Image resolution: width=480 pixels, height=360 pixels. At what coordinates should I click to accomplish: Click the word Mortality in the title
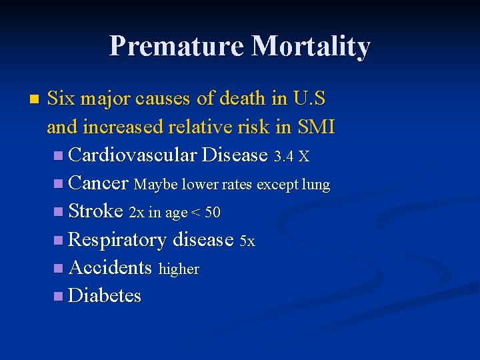pos(311,47)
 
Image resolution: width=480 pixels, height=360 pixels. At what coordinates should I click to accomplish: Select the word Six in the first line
pos(61,99)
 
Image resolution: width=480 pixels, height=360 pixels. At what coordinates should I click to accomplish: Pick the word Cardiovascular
pos(132,155)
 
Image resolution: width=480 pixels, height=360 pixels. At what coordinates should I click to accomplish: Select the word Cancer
pos(98,183)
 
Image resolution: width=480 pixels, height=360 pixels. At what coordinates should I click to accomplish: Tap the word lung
pos(315,185)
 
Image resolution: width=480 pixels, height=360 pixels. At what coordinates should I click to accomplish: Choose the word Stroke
pos(96,211)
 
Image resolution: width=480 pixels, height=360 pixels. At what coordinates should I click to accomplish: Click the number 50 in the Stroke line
pos(213,213)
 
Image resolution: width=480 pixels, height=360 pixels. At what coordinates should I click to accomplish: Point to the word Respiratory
pos(117,239)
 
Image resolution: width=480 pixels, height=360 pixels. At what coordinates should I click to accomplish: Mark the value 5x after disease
pos(247,241)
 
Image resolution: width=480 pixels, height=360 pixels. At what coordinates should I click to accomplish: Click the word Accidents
pos(110,267)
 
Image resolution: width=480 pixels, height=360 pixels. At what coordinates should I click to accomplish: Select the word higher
pos(179,269)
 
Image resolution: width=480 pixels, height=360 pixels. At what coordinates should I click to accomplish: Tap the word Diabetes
pos(105,295)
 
